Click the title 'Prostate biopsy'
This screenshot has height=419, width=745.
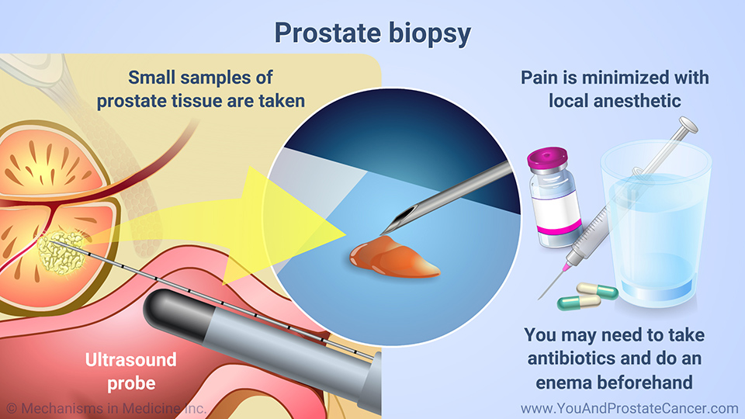[x=372, y=33]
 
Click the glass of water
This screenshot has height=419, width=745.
[x=656, y=223]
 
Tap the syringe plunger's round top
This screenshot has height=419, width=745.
[x=688, y=125]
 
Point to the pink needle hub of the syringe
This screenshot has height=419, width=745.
[x=567, y=265]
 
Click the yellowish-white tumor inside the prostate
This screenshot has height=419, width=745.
[x=62, y=251]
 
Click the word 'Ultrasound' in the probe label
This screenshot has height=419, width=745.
[x=130, y=359]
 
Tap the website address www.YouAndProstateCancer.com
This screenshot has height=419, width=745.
[x=629, y=408]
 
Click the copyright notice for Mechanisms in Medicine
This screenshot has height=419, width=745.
[x=106, y=408]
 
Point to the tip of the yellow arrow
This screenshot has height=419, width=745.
[x=346, y=234]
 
